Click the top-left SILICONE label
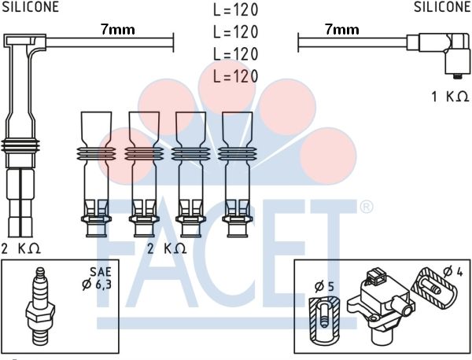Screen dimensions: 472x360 (31, 6)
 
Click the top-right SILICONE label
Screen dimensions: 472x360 (442, 6)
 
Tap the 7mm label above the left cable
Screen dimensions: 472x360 (118, 29)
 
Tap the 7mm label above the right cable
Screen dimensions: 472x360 (342, 29)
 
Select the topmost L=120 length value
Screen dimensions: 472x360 (236, 9)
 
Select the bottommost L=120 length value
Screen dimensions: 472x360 (236, 76)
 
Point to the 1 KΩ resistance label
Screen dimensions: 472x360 (450, 97)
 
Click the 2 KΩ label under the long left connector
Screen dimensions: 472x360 (21, 248)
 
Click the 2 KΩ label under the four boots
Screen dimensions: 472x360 (167, 248)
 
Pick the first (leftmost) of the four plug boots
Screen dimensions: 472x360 (96, 174)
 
